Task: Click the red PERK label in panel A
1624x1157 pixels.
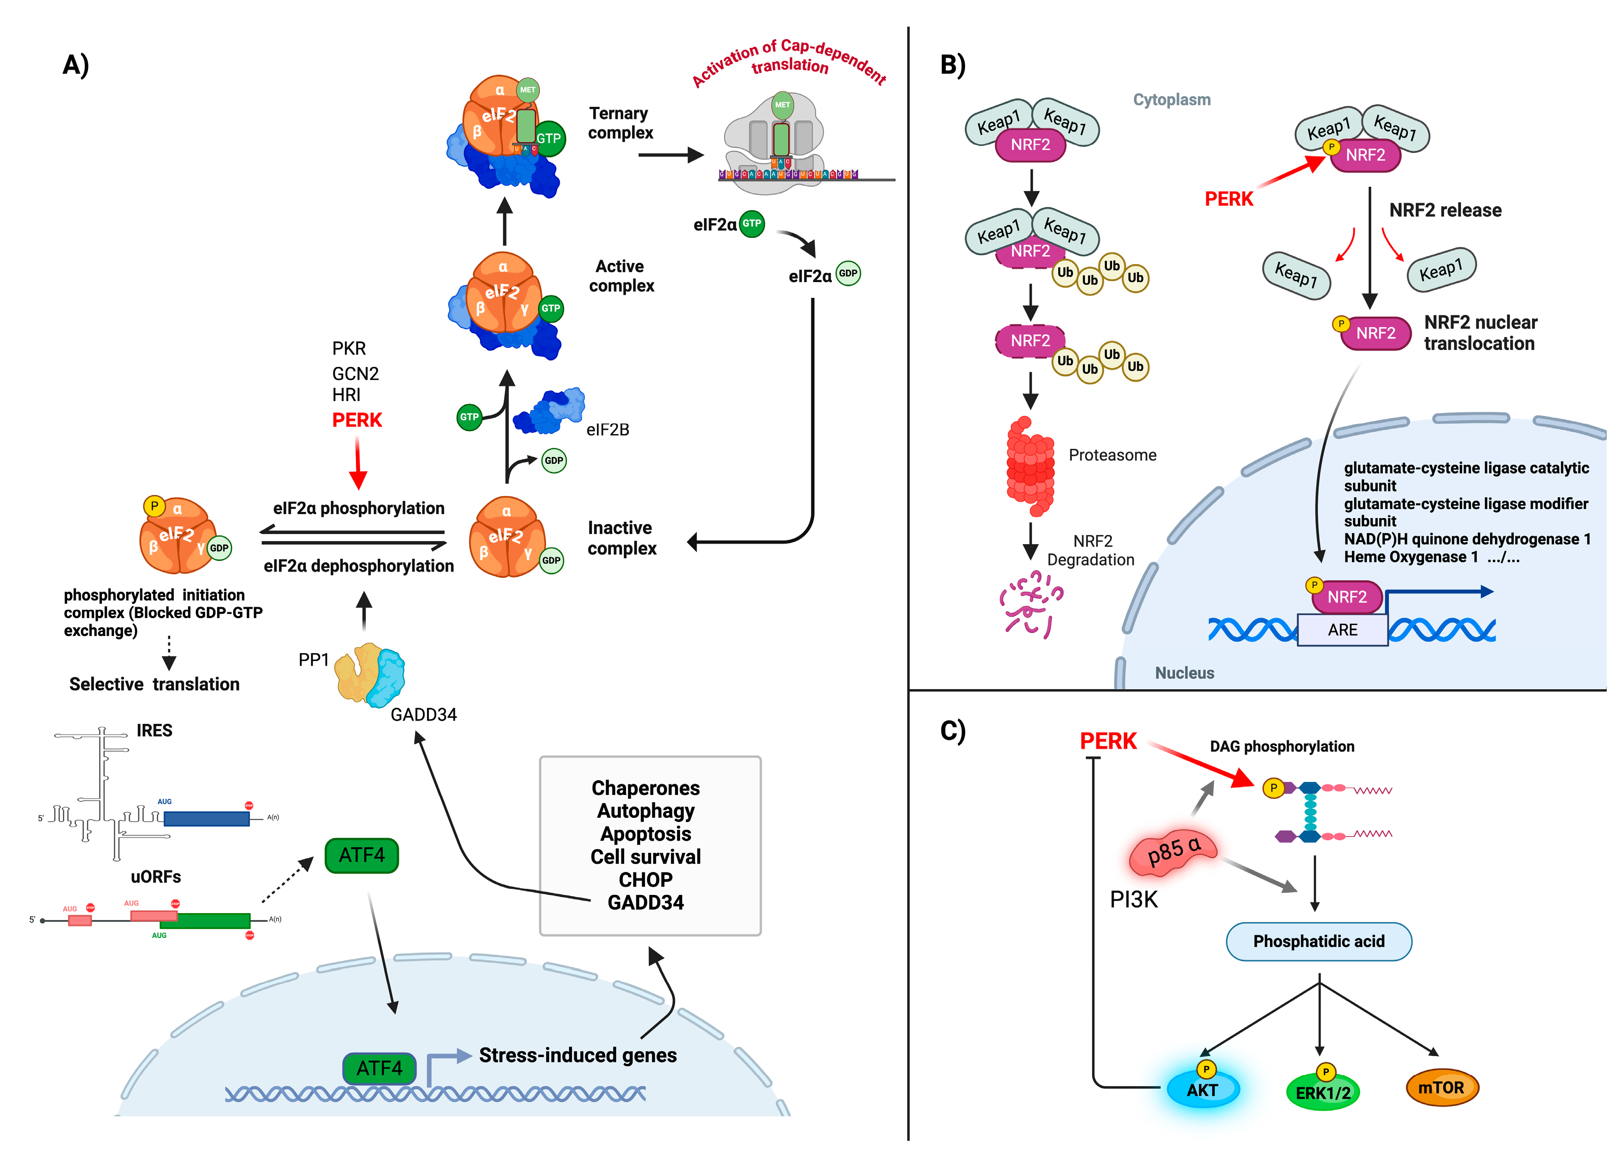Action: pyautogui.click(x=357, y=420)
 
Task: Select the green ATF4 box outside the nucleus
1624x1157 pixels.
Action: pyautogui.click(x=361, y=855)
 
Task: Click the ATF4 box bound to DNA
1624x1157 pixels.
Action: pyautogui.click(x=379, y=1068)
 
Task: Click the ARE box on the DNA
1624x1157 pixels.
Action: pyautogui.click(x=1342, y=630)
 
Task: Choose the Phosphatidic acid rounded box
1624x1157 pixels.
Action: pyautogui.click(x=1319, y=941)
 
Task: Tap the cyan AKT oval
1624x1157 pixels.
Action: pyautogui.click(x=1203, y=1090)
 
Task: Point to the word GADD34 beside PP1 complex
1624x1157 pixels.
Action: pyautogui.click(x=424, y=715)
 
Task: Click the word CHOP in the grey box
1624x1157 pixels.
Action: pyautogui.click(x=645, y=880)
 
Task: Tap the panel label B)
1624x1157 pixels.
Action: pyautogui.click(x=952, y=65)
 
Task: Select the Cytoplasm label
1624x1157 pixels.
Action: pyautogui.click(x=1172, y=100)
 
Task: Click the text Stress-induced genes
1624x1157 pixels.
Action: pyautogui.click(x=578, y=1055)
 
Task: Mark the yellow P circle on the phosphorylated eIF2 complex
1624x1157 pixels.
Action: pyautogui.click(x=154, y=506)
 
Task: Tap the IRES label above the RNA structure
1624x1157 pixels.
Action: pyautogui.click(x=155, y=730)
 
